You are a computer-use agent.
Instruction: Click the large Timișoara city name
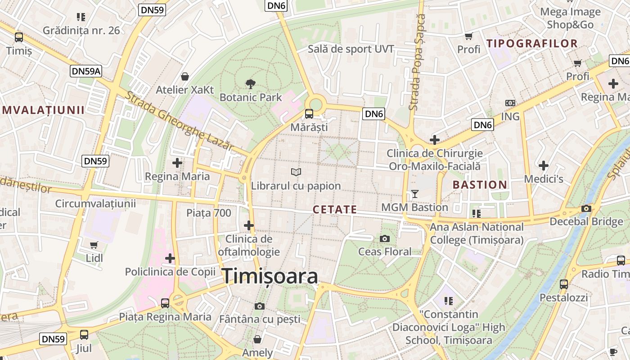click(270, 276)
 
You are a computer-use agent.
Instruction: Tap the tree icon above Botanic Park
click(251, 83)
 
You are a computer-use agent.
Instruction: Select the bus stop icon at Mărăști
click(309, 113)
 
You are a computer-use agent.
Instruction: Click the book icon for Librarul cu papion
click(296, 172)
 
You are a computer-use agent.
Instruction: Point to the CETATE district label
click(335, 209)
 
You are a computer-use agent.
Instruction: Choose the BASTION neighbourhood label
click(480, 184)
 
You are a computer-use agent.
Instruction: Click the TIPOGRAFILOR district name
click(532, 43)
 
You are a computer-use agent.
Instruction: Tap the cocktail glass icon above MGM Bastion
click(414, 194)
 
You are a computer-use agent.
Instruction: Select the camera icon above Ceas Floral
click(385, 238)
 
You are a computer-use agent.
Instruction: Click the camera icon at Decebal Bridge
click(586, 208)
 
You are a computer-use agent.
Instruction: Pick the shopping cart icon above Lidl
click(94, 245)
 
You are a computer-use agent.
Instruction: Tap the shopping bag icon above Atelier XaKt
click(184, 76)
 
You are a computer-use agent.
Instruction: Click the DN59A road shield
click(86, 71)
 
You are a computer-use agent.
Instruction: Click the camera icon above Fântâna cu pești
click(260, 306)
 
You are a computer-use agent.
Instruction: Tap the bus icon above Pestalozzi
click(563, 284)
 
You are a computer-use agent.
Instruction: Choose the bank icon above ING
click(510, 103)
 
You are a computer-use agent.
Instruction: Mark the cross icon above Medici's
click(544, 166)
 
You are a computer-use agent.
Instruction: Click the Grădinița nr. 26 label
click(81, 30)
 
